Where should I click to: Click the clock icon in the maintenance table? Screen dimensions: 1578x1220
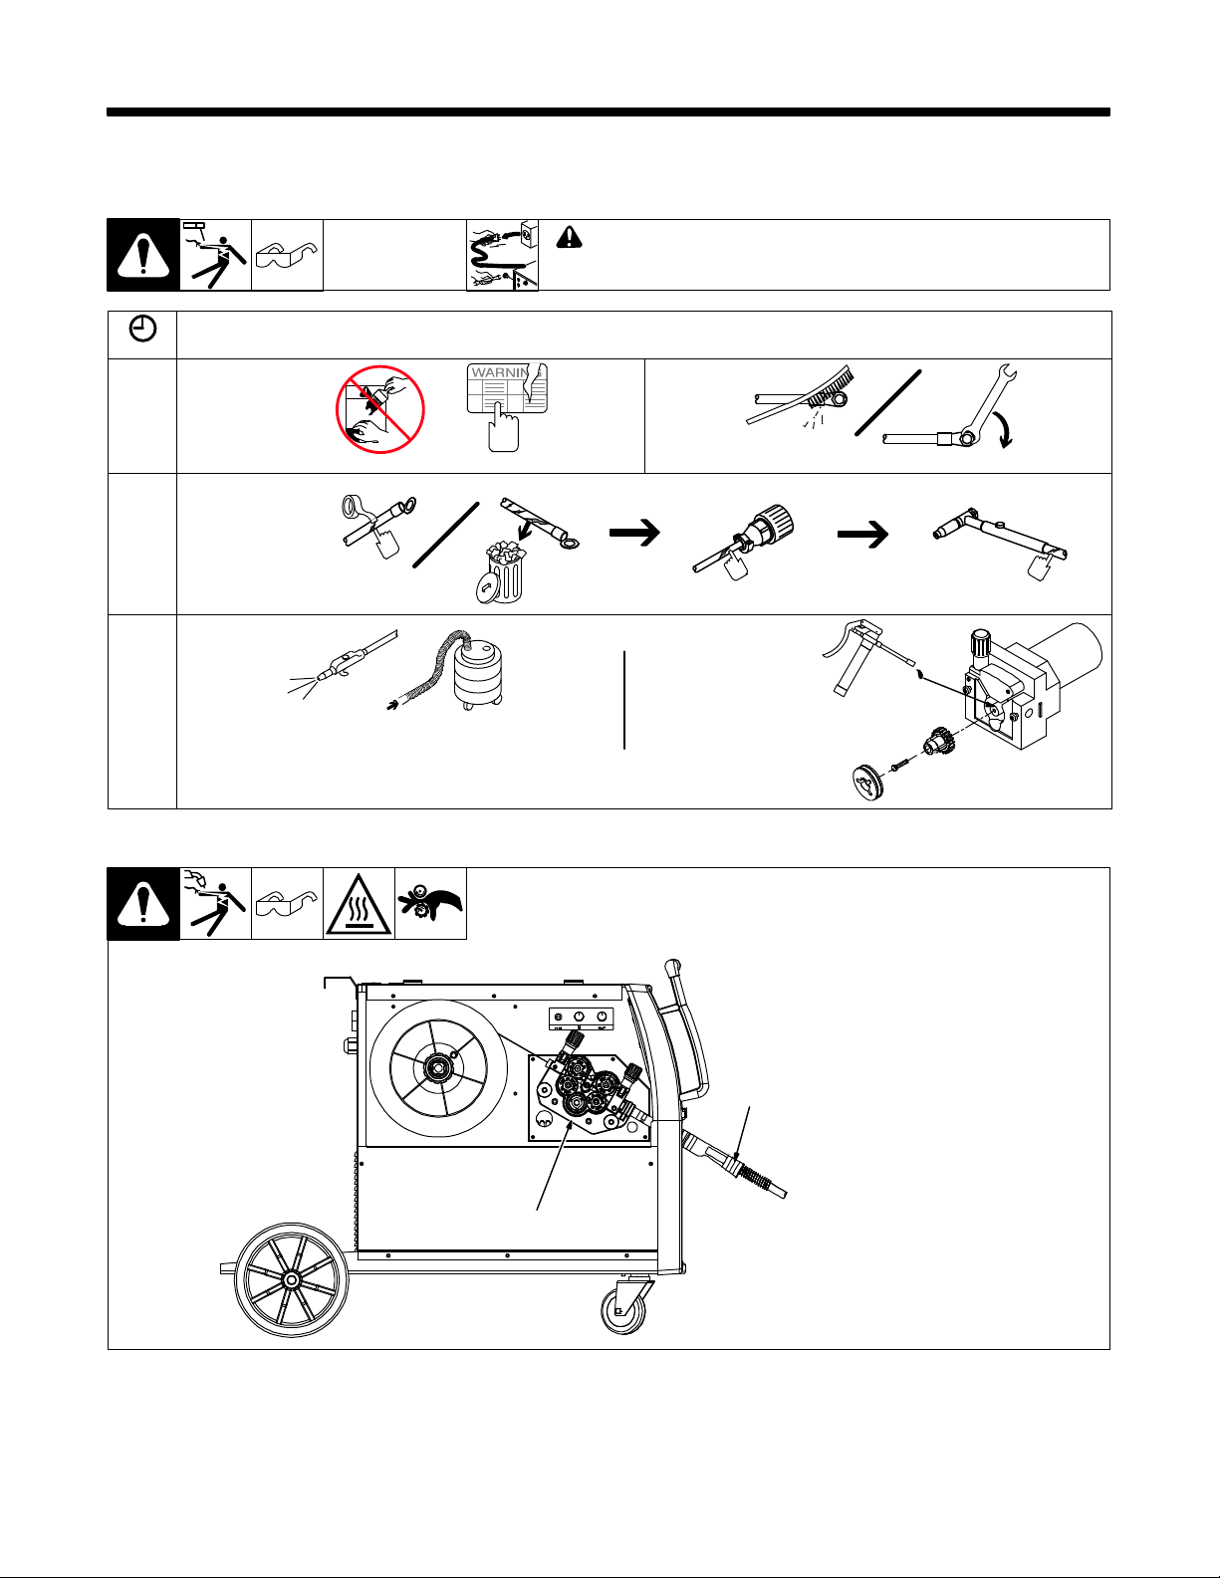[143, 331]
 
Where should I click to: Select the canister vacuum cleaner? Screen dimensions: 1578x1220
[476, 677]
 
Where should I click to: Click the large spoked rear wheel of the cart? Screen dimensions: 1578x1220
[291, 1280]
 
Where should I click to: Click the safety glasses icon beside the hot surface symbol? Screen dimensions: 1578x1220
[287, 903]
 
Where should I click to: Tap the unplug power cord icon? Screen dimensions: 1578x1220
[502, 255]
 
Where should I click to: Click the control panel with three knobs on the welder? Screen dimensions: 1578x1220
[580, 1017]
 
